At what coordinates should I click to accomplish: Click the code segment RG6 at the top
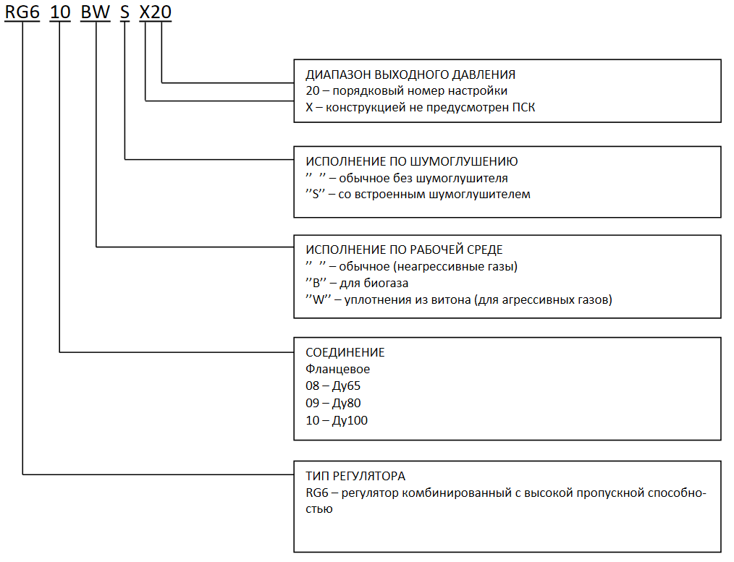[x=22, y=12]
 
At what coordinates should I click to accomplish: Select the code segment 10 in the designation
[x=60, y=12]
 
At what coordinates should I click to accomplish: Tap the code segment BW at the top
[x=96, y=12]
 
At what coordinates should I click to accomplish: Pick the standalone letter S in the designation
[x=125, y=12]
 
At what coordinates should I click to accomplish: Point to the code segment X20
[x=156, y=12]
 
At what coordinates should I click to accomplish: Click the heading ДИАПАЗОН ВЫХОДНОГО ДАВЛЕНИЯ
[x=410, y=74]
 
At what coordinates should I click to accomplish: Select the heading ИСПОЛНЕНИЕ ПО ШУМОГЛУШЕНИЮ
[x=412, y=162]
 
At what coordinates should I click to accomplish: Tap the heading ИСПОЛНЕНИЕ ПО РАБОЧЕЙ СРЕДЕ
[x=405, y=250]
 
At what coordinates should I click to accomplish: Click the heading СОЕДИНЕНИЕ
[x=345, y=352]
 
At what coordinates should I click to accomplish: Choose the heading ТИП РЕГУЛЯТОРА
[x=355, y=476]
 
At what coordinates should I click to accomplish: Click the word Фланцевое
[x=337, y=370]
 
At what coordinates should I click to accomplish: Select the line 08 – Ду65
[x=333, y=386]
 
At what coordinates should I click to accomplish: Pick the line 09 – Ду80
[x=333, y=403]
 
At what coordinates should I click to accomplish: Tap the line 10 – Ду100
[x=337, y=420]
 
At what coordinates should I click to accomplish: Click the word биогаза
[x=387, y=284]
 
